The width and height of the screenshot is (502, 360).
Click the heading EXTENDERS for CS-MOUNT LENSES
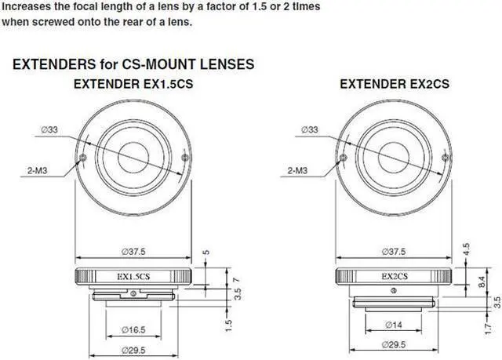click(x=133, y=63)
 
